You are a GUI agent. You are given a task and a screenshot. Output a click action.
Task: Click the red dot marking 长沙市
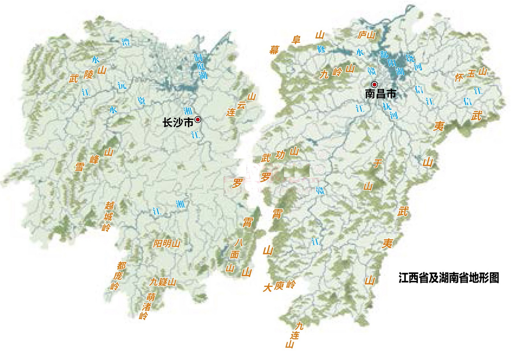click(x=198, y=120)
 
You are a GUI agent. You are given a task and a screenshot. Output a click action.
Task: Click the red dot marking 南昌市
click(x=374, y=84)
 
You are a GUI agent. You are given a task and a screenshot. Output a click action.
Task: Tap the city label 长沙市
click(x=178, y=123)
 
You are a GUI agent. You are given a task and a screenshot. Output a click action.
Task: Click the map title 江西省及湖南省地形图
click(x=449, y=278)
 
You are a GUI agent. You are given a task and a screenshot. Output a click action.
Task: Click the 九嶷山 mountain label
click(x=163, y=282)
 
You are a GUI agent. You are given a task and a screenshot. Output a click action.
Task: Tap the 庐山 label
click(x=366, y=35)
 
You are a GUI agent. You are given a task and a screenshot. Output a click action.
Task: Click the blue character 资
click(x=141, y=100)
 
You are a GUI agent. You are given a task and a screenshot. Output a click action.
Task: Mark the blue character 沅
click(x=122, y=85)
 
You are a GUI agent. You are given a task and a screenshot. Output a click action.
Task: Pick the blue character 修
click(x=321, y=49)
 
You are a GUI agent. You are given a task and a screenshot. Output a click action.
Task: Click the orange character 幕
click(x=274, y=50)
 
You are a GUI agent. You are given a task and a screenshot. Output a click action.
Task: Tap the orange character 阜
click(x=296, y=40)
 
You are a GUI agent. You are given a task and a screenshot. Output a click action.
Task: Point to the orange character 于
click(x=377, y=163)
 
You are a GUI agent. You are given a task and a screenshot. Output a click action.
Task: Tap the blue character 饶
click(x=410, y=58)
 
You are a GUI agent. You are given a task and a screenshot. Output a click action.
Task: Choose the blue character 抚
click(x=387, y=106)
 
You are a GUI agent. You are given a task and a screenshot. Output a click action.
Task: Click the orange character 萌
click(x=151, y=296)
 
